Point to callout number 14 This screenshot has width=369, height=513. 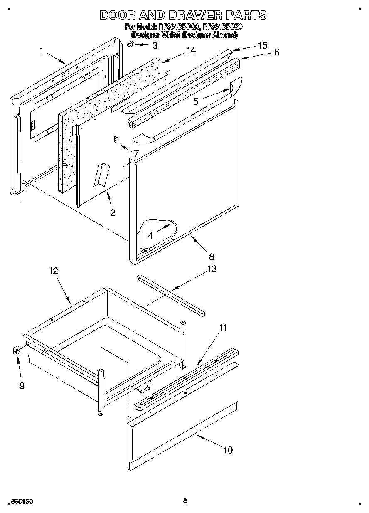pos(190,50)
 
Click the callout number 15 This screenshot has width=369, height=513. pos(262,45)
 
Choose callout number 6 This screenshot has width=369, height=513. pos(276,52)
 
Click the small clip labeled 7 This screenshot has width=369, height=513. pos(116,140)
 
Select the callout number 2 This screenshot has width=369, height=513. pos(113,212)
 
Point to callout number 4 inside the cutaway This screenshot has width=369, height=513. pos(150,235)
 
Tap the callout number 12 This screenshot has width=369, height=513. pos(53,271)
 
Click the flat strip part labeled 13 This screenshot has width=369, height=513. pos(170,293)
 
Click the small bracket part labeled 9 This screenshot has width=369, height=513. pos(16,352)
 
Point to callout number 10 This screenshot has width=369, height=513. pos(228,450)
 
